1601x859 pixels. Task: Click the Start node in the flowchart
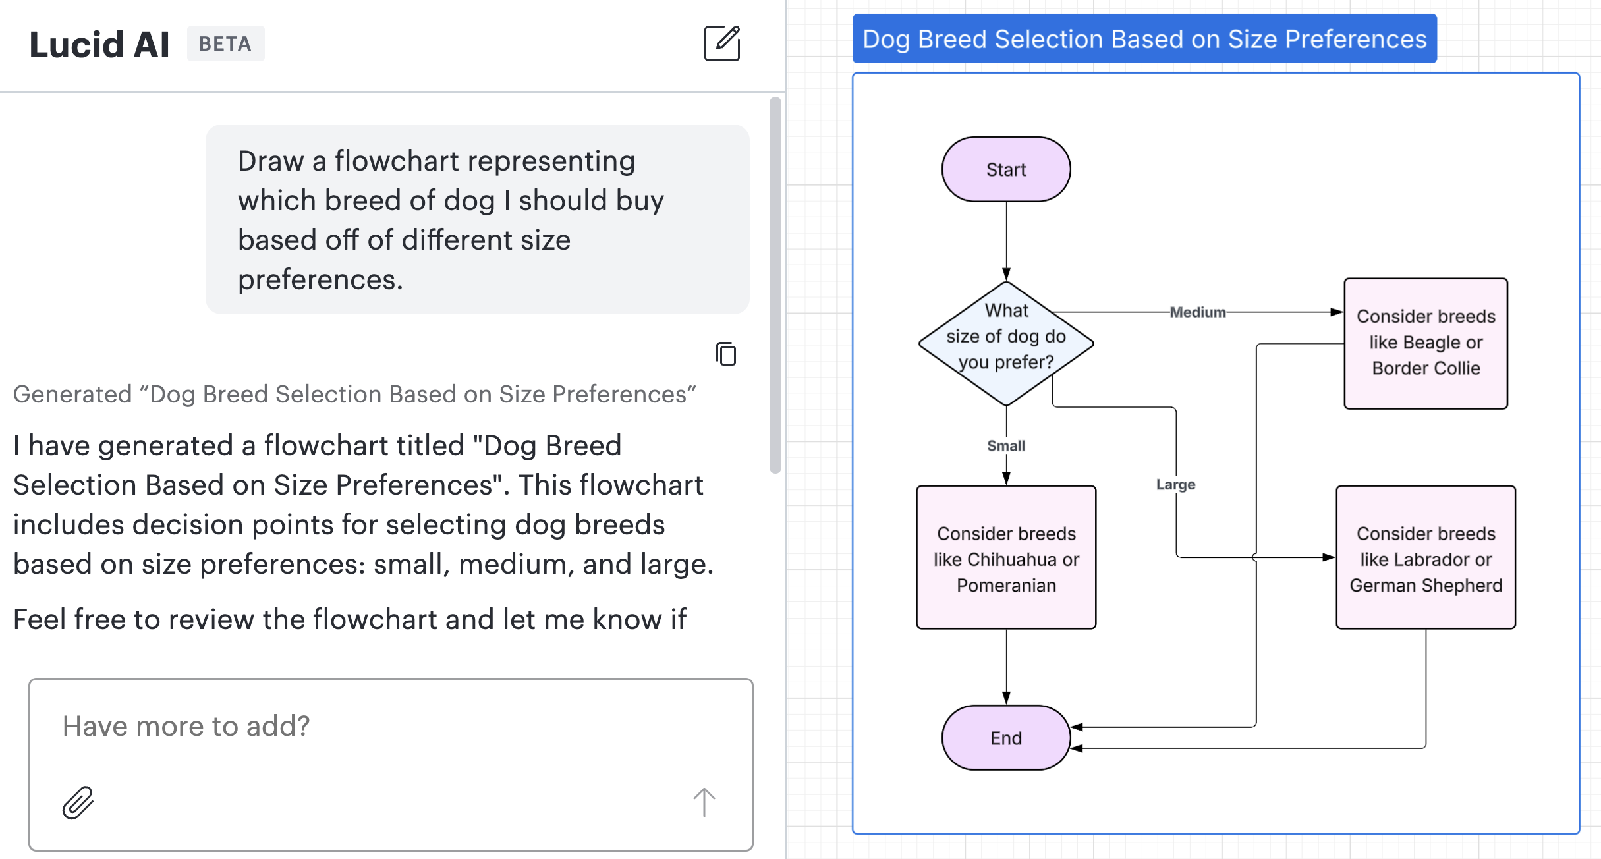[1005, 169]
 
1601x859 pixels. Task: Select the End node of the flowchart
[1005, 738]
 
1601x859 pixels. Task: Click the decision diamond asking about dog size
[1005, 343]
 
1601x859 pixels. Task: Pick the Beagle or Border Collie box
[1426, 343]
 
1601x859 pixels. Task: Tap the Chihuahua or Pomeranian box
[1005, 558]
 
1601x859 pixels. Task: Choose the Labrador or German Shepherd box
[1426, 558]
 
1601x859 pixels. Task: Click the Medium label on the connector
[1197, 312]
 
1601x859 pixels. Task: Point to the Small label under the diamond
[1005, 446]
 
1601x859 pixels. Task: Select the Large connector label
[1175, 485]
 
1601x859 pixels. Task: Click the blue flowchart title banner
[1144, 39]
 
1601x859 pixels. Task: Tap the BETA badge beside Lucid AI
[225, 43]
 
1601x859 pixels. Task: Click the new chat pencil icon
[722, 43]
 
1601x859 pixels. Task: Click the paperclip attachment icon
[78, 802]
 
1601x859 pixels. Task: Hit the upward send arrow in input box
[704, 802]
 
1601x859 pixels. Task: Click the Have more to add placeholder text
[186, 726]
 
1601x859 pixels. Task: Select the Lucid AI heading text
[99, 45]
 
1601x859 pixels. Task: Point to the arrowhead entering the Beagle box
[1337, 312]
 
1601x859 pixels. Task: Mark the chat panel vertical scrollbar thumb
[775, 285]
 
